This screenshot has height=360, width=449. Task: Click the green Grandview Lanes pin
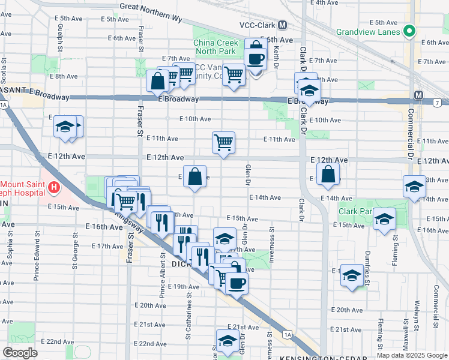coord(409,31)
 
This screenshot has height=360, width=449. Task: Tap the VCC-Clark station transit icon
coord(282,25)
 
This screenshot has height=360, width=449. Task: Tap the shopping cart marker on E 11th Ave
coord(223,143)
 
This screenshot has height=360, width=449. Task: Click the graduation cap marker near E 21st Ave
coord(228,341)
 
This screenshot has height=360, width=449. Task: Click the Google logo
coord(20,353)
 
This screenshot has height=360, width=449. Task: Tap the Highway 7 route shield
coord(437,104)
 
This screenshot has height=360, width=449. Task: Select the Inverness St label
coord(272,240)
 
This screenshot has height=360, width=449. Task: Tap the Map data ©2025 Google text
coord(412,355)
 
